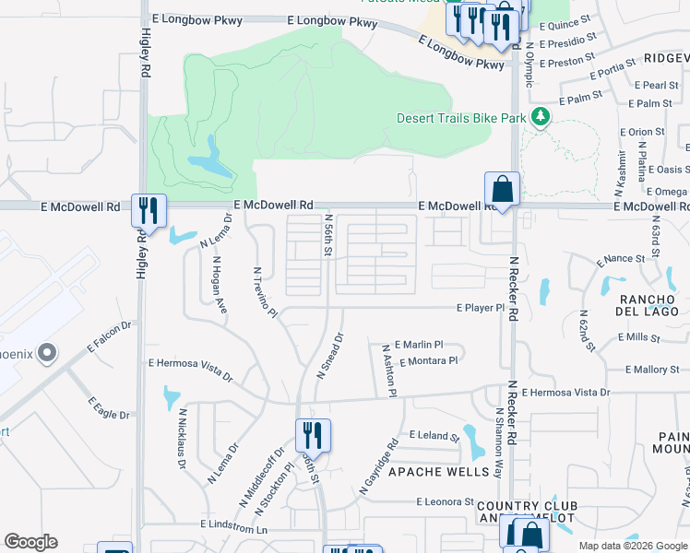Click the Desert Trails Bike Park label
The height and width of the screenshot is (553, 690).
460,118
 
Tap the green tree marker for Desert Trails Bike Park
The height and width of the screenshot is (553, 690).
541,118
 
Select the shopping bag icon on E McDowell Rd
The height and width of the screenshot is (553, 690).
502,190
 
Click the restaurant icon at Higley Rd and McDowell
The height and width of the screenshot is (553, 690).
148,211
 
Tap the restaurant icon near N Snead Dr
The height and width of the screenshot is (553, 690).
313,436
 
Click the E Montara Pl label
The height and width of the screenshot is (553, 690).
429,360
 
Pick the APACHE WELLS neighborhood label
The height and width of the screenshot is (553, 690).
437,472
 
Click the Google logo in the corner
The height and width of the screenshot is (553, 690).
30,542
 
